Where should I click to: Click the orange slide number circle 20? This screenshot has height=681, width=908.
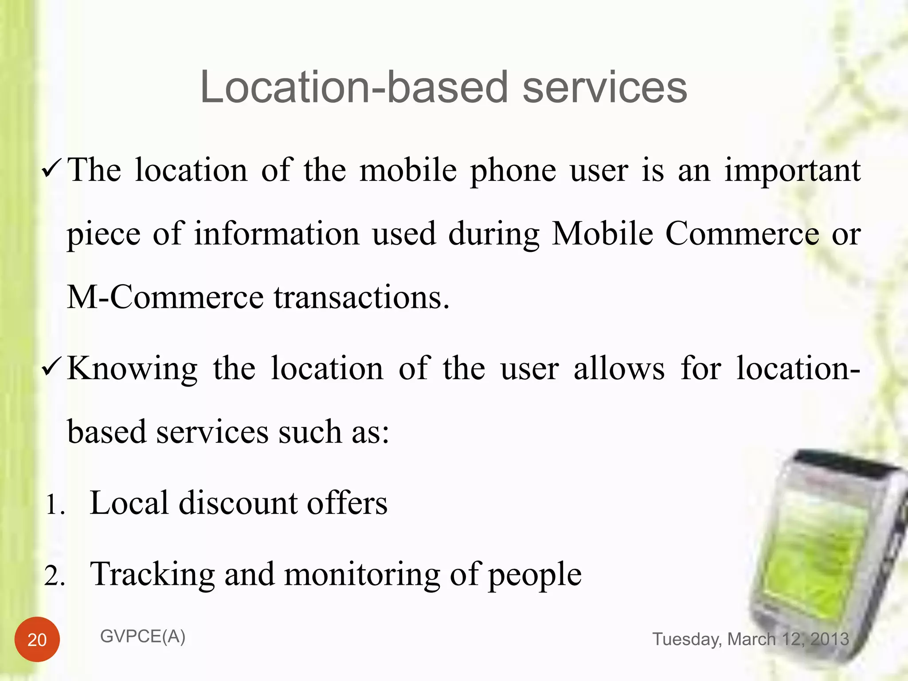coord(37,639)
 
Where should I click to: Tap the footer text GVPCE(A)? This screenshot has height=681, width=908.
coord(143,637)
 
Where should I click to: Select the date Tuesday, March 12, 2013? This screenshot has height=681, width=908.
coord(751,639)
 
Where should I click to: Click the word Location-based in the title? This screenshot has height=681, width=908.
coord(353,87)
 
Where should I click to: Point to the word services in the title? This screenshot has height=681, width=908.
coord(605,87)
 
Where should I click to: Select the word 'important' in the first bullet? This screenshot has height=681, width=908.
coord(792,171)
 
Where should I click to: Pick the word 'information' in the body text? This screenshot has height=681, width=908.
coord(277,234)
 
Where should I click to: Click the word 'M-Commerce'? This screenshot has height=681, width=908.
coord(165,297)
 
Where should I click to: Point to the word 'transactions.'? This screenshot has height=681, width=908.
coord(362,298)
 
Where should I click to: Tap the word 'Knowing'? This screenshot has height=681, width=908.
coord(132,369)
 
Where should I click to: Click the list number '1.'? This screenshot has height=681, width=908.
coord(55,505)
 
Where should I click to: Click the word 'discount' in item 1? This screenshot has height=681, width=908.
coord(238,504)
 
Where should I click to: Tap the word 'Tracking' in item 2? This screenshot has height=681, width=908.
coord(153,575)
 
